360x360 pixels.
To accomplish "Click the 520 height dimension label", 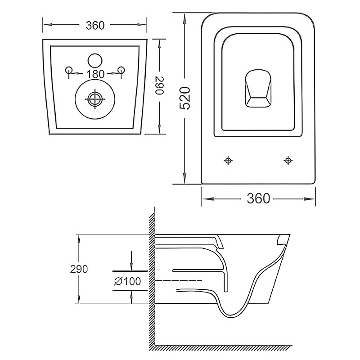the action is (x=185, y=98).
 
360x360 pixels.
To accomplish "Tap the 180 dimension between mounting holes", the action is (x=95, y=74).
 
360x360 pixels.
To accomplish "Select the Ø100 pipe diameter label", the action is (x=127, y=281).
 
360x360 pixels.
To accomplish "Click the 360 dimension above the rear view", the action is (x=95, y=25).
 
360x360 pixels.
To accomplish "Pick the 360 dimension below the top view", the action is (x=258, y=198).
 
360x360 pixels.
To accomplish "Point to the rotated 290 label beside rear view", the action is (x=159, y=85).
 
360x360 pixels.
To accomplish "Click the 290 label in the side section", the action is (x=79, y=269).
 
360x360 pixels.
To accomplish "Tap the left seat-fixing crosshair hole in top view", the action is (x=228, y=161).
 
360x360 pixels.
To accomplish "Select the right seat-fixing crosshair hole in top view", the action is (x=288, y=161).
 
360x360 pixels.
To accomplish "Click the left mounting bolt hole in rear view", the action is (x=69, y=70).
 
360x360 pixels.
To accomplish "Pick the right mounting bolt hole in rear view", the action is (x=121, y=70).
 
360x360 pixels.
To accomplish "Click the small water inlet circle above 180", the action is (x=95, y=61).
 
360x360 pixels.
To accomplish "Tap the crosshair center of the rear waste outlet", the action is (x=95, y=99).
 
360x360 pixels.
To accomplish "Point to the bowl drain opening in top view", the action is (x=258, y=88).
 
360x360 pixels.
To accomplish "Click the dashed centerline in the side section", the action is (x=179, y=280).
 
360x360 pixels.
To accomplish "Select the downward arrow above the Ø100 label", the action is (x=131, y=261).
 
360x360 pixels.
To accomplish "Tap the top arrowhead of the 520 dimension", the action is (x=184, y=18).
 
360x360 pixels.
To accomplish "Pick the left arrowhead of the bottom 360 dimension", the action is (x=207, y=198).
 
